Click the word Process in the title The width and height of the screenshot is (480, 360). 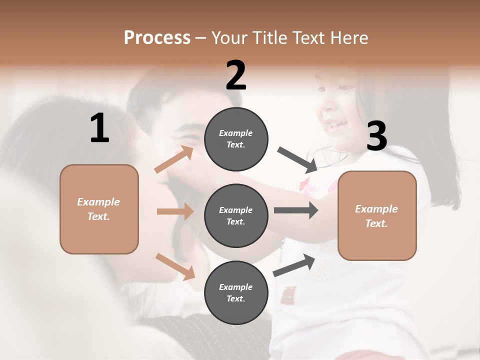pos(157,38)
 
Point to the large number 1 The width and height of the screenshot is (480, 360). pos(99,128)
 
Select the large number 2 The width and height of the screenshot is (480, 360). pos(236,75)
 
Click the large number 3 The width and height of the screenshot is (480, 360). pos(376,136)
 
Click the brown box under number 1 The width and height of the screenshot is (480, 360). pos(99,209)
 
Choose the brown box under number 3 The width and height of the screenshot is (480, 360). pos(377,216)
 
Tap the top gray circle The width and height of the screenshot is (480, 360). pos(236,139)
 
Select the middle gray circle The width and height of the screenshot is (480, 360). pos(236,215)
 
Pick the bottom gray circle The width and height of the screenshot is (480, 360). pos(236,292)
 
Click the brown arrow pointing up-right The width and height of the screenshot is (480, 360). pos(174,160)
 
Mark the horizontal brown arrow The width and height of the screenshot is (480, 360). pos(175,211)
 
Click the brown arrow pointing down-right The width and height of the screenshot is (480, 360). pos(175,266)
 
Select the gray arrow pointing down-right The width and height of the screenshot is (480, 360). pos(297,159)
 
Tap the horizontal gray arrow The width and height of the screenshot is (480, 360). pos(295,210)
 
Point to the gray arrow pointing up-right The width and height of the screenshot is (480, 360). pos(294,265)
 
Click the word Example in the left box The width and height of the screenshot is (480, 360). pos(98,202)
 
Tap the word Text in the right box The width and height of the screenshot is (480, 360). pos(376,223)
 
